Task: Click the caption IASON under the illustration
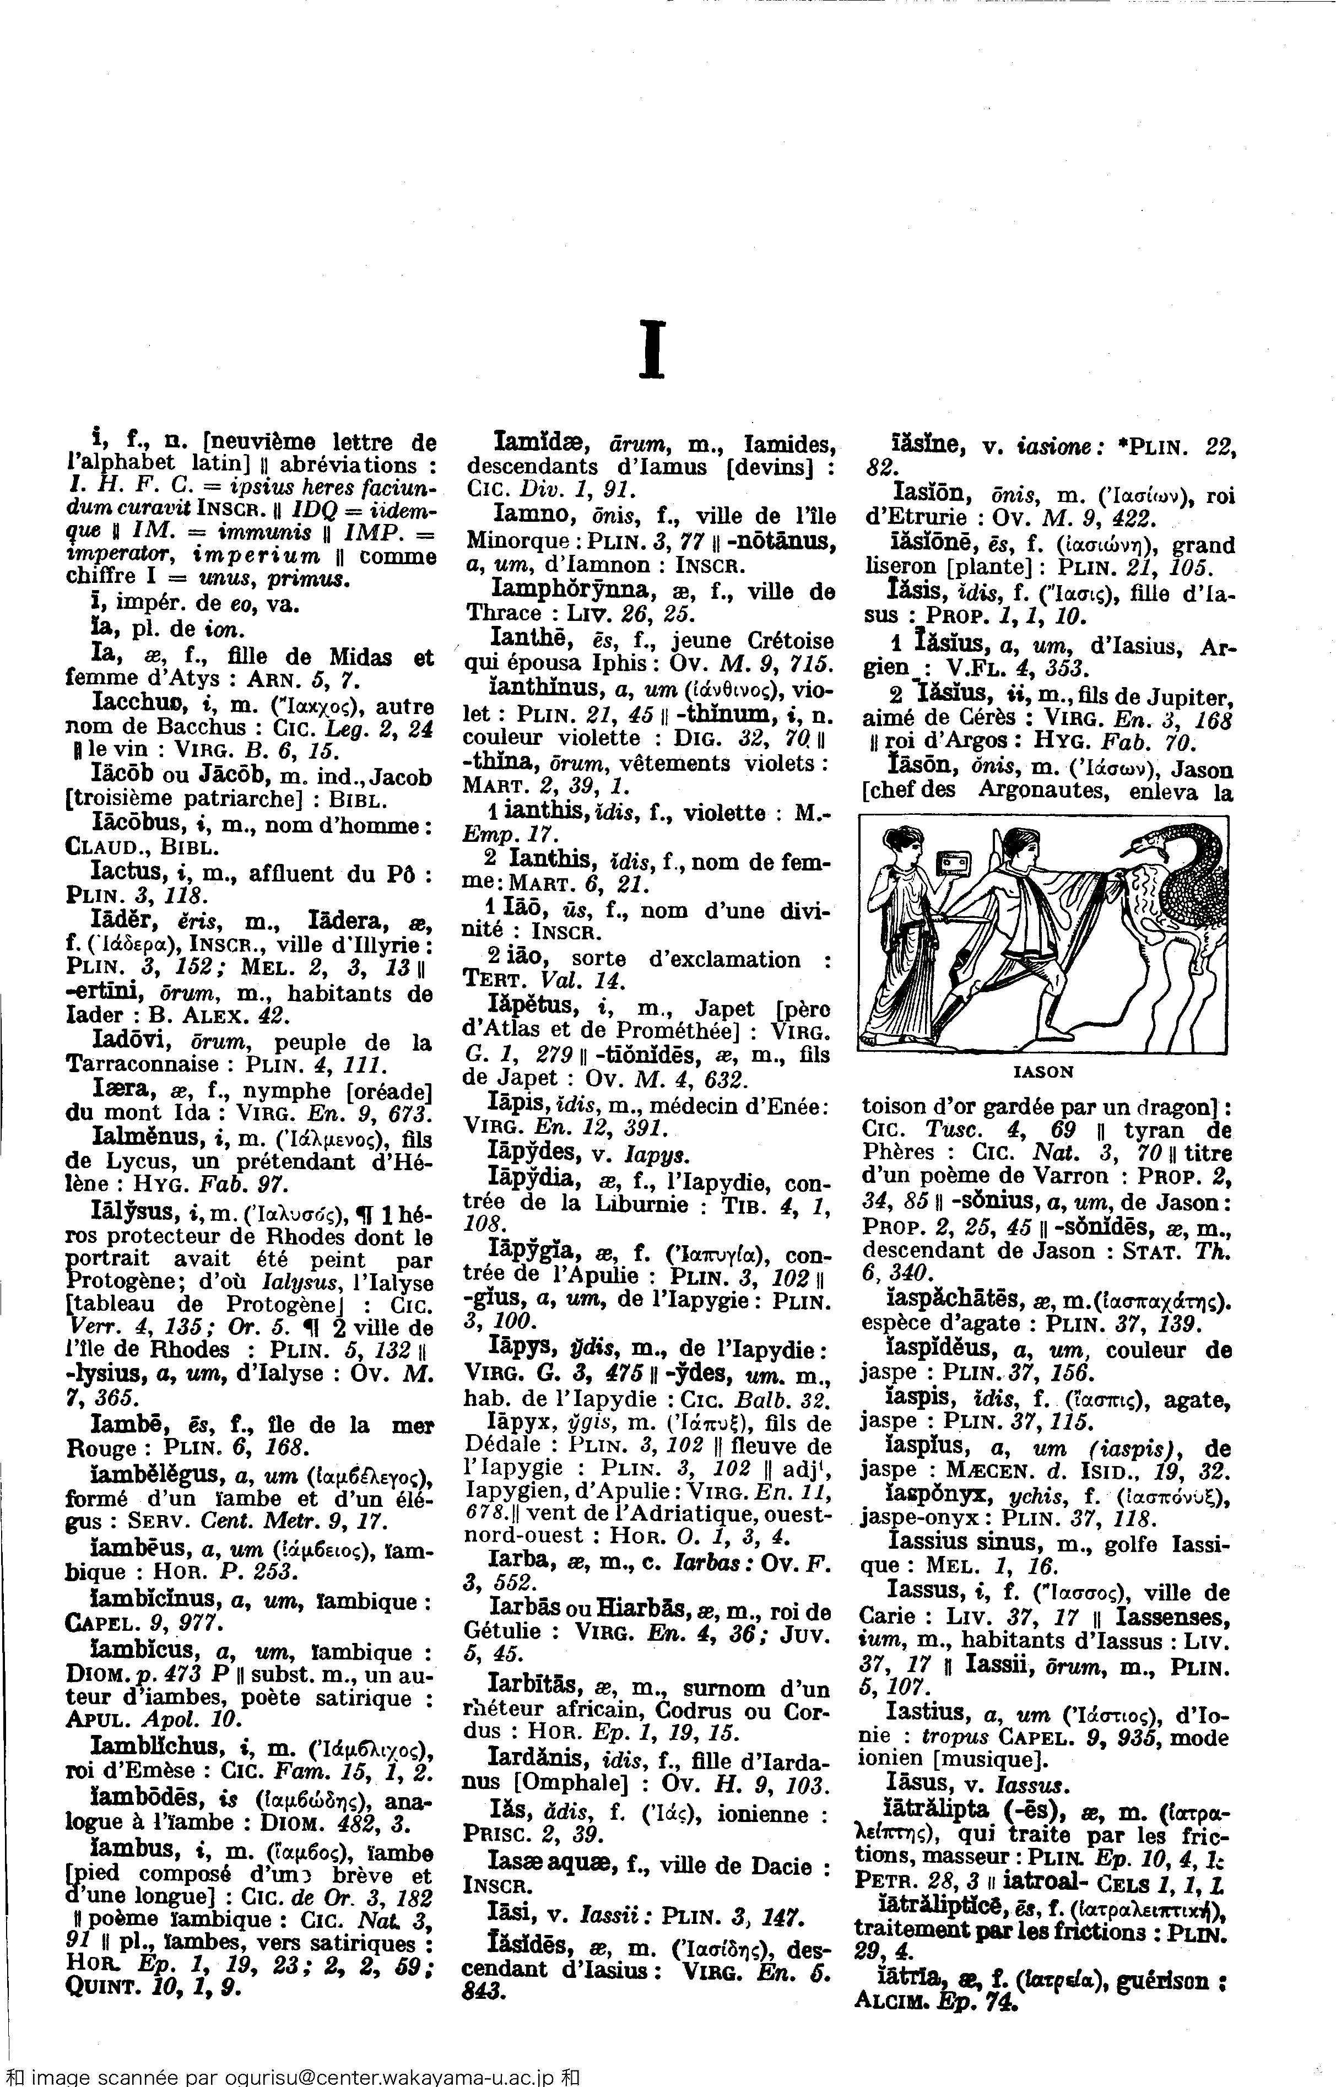(1043, 1071)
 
